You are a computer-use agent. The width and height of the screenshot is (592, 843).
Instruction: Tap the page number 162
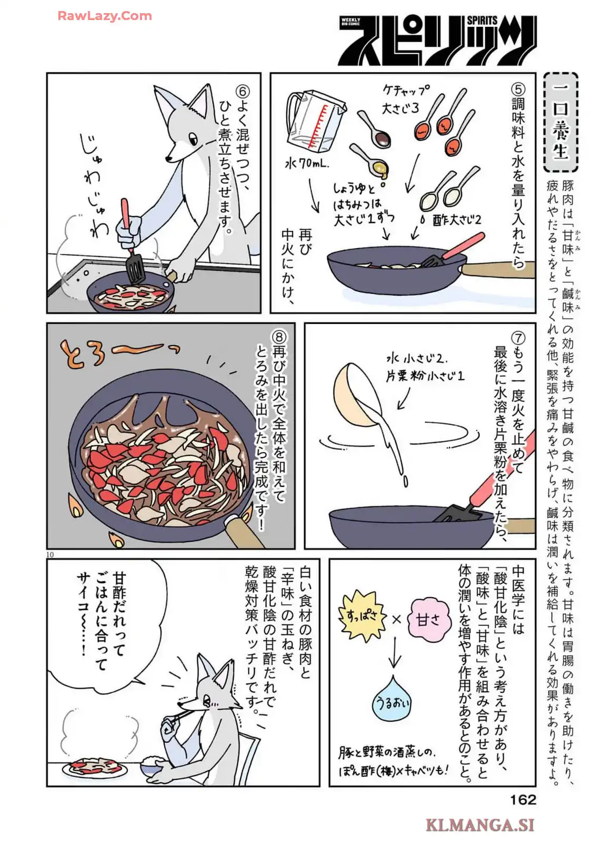click(x=523, y=799)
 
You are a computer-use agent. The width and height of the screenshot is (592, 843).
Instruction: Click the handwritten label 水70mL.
click(x=307, y=164)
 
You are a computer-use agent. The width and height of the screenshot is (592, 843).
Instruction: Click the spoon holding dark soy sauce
click(x=374, y=129)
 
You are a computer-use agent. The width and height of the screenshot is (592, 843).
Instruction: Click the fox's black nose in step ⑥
click(x=169, y=159)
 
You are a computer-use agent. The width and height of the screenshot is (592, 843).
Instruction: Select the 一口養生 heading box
click(x=560, y=123)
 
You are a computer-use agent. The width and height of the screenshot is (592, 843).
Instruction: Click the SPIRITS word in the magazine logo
click(x=481, y=21)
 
